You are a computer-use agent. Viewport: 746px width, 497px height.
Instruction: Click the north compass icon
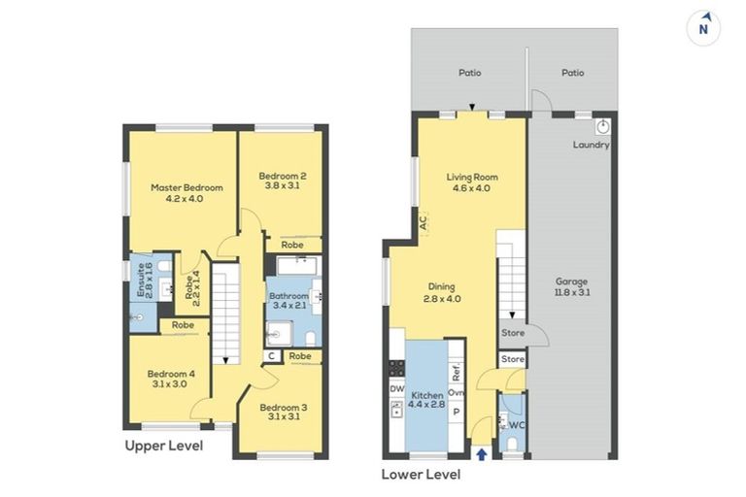703,28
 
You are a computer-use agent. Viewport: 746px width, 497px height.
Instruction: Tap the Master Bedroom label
186,188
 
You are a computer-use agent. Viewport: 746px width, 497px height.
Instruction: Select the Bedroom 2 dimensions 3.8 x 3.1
282,186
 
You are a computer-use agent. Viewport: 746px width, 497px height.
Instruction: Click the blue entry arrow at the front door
482,454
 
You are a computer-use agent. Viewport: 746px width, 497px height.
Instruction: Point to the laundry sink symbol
603,127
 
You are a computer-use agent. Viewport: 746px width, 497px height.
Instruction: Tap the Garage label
571,282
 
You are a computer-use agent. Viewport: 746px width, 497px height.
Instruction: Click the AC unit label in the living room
424,221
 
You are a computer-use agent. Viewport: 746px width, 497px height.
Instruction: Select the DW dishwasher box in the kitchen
396,389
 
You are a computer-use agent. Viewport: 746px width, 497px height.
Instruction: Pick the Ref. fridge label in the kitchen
456,372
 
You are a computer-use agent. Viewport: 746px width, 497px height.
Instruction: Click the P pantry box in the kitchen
457,412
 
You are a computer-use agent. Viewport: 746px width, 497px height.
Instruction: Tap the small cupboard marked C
272,356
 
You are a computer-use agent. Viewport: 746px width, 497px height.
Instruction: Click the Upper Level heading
163,447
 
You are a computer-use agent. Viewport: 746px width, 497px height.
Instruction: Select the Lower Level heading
421,475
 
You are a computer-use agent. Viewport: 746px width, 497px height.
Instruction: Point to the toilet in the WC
513,444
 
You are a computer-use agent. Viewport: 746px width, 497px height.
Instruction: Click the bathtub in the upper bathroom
299,265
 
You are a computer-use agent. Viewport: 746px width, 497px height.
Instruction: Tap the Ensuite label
141,281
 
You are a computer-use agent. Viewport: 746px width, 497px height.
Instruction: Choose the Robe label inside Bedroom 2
292,245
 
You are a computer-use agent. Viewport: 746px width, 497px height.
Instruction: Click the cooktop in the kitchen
396,368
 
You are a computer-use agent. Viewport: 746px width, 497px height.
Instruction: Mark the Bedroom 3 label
284,408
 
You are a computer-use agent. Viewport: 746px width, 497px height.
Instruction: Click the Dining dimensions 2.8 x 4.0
442,299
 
